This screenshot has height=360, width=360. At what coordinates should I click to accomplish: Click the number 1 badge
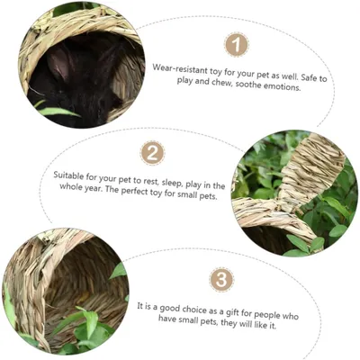[237, 45]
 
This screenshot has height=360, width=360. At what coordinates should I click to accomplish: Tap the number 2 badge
[153, 153]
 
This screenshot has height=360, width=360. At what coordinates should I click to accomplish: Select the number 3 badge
[221, 280]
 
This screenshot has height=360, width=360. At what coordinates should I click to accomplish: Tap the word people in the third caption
[268, 315]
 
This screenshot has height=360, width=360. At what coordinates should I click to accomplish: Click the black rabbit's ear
[59, 62]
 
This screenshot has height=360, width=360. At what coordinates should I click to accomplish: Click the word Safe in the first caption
[309, 77]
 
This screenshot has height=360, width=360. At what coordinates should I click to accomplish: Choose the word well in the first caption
[290, 76]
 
